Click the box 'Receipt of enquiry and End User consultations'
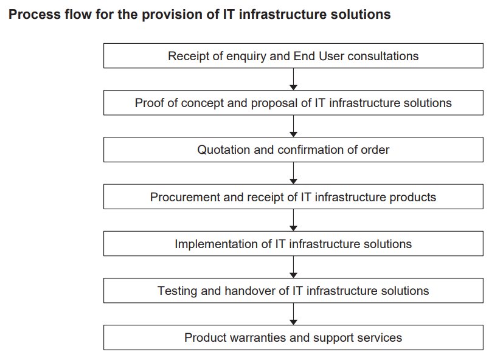click(x=293, y=56)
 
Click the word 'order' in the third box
click(x=375, y=150)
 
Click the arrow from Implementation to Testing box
click(x=293, y=268)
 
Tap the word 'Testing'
click(x=176, y=291)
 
